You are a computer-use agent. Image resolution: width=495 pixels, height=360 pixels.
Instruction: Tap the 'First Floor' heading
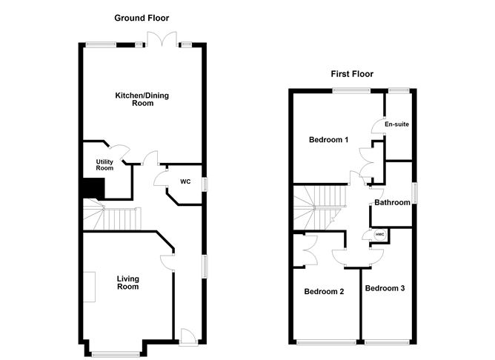click(x=352, y=73)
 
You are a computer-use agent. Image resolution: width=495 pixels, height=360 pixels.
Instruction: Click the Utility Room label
click(x=104, y=164)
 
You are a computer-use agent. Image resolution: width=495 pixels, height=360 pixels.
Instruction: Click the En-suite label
click(x=397, y=124)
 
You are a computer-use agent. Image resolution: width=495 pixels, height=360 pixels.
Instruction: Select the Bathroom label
click(x=392, y=201)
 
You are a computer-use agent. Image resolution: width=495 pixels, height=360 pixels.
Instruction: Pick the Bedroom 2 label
click(x=324, y=291)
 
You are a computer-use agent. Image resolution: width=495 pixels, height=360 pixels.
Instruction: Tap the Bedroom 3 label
click(x=385, y=287)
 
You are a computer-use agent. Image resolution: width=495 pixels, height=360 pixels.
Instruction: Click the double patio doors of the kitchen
click(x=162, y=41)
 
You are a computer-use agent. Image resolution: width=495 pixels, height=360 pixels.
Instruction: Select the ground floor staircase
click(x=111, y=217)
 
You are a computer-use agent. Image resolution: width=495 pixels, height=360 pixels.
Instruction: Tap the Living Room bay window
click(x=116, y=353)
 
